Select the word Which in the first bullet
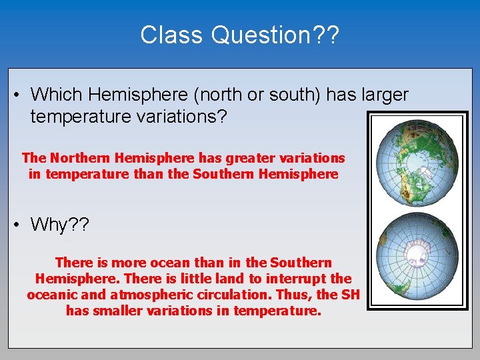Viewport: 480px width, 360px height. tap(55, 95)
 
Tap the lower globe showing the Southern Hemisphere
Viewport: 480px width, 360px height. tap(417, 256)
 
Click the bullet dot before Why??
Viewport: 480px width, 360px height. tap(16, 225)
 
